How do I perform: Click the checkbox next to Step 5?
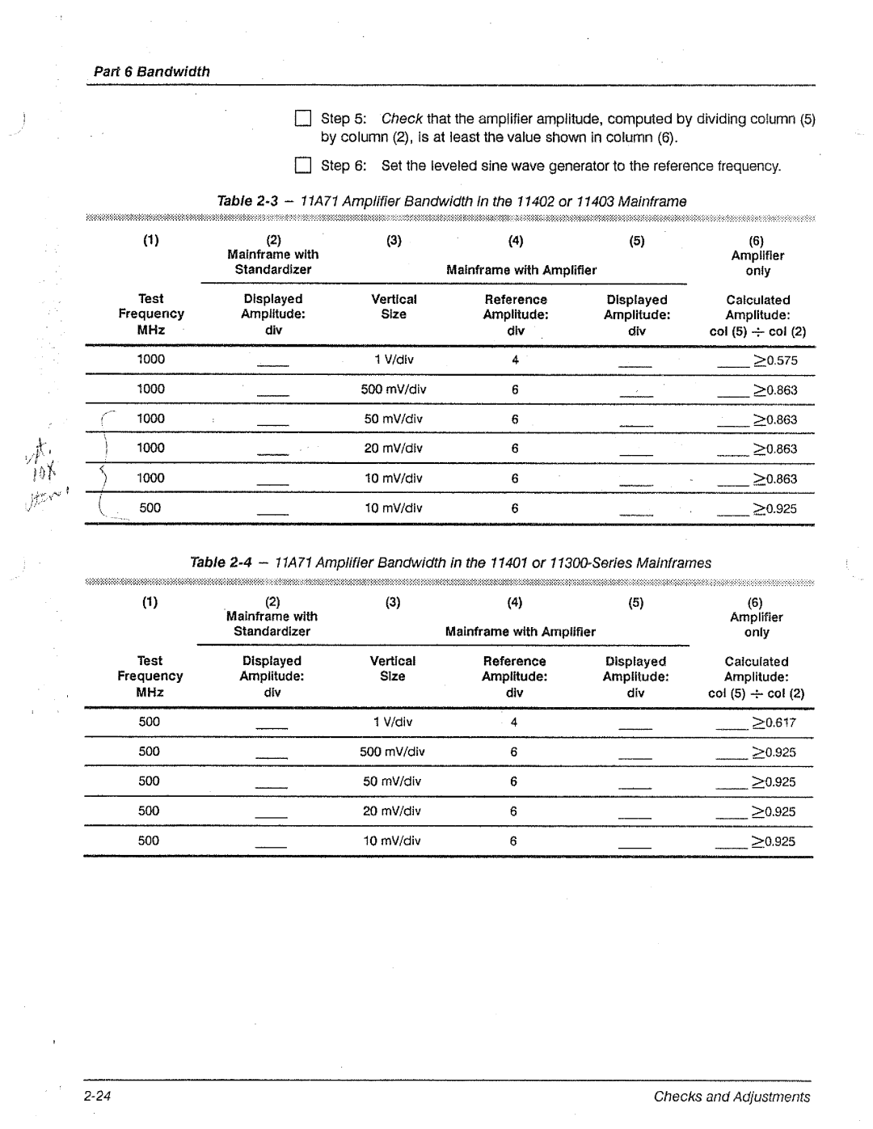(302, 119)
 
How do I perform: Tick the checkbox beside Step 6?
(302, 166)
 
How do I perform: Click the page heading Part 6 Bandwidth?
(151, 71)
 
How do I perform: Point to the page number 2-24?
(96, 1096)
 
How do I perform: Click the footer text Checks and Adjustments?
(731, 1096)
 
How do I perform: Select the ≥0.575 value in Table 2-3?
(775, 360)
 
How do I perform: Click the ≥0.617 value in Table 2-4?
(774, 722)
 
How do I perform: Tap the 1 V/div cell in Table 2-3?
(394, 360)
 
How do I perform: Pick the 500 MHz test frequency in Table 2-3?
(150, 508)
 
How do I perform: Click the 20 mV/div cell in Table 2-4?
(392, 811)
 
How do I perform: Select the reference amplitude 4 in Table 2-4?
(513, 722)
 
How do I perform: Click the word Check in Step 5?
(402, 119)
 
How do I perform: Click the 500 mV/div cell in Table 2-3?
(394, 390)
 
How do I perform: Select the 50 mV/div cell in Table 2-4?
(392, 781)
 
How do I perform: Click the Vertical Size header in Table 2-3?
(394, 306)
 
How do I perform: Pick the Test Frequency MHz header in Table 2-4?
(150, 676)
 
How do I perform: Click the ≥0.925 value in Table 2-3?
(775, 508)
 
